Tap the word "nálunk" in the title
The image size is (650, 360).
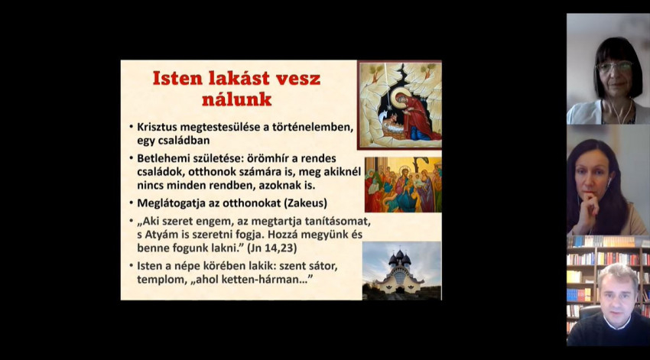pyautogui.click(x=237, y=99)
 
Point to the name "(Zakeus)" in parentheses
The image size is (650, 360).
pyautogui.click(x=306, y=203)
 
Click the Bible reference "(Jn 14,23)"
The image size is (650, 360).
pyautogui.click(x=272, y=248)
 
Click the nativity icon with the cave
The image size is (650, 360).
pyautogui.click(x=400, y=105)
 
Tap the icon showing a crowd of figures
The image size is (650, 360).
pyautogui.click(x=403, y=185)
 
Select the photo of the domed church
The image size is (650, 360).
pyautogui.click(x=401, y=271)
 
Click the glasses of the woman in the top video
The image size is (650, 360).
pyautogui.click(x=614, y=66)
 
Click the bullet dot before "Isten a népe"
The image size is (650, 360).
pyautogui.click(x=131, y=266)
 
